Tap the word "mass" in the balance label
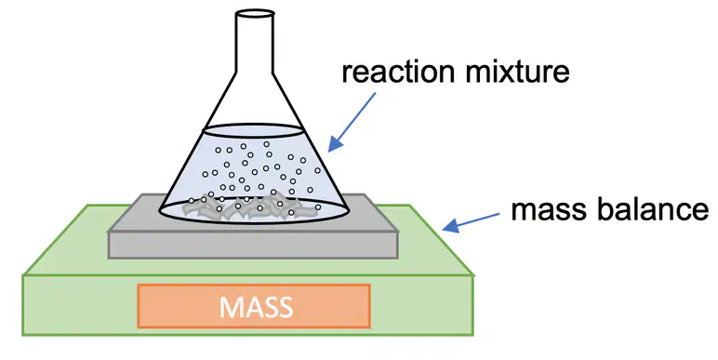tap(547, 210)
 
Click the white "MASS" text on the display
tap(256, 306)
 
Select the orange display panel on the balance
tap(254, 306)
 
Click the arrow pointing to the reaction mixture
tap(352, 122)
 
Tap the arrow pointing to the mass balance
tap(471, 221)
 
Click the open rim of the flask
tap(255, 13)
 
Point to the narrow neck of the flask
tap(255, 43)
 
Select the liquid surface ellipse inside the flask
tap(253, 130)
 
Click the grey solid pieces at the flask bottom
tap(250, 208)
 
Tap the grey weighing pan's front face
tap(253, 245)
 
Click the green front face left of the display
tap(80, 305)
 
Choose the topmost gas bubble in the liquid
tap(266, 144)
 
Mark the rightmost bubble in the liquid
tap(318, 170)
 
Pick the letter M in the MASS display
tap(231, 307)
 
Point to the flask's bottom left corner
tap(159, 211)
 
